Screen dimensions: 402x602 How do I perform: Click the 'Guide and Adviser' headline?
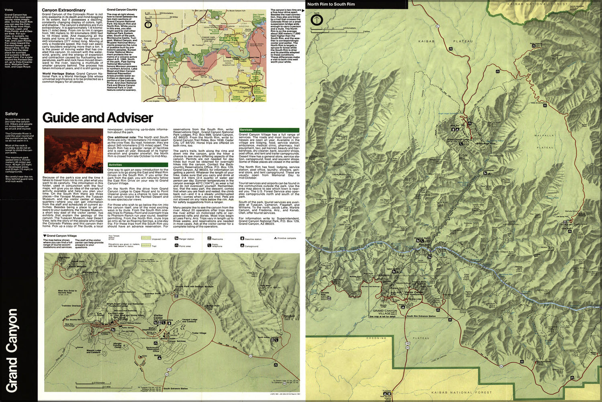(98, 118)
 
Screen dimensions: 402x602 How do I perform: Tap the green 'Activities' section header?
(115, 165)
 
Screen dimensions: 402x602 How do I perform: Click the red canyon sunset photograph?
(73, 151)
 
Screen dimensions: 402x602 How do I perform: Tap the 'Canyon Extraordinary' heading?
(63, 10)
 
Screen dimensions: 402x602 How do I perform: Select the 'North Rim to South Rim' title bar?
(331, 4)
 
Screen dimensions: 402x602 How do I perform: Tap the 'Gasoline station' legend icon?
(242, 239)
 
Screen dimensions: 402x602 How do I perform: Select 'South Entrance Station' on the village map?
(175, 389)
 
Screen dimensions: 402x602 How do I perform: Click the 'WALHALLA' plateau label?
(544, 135)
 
